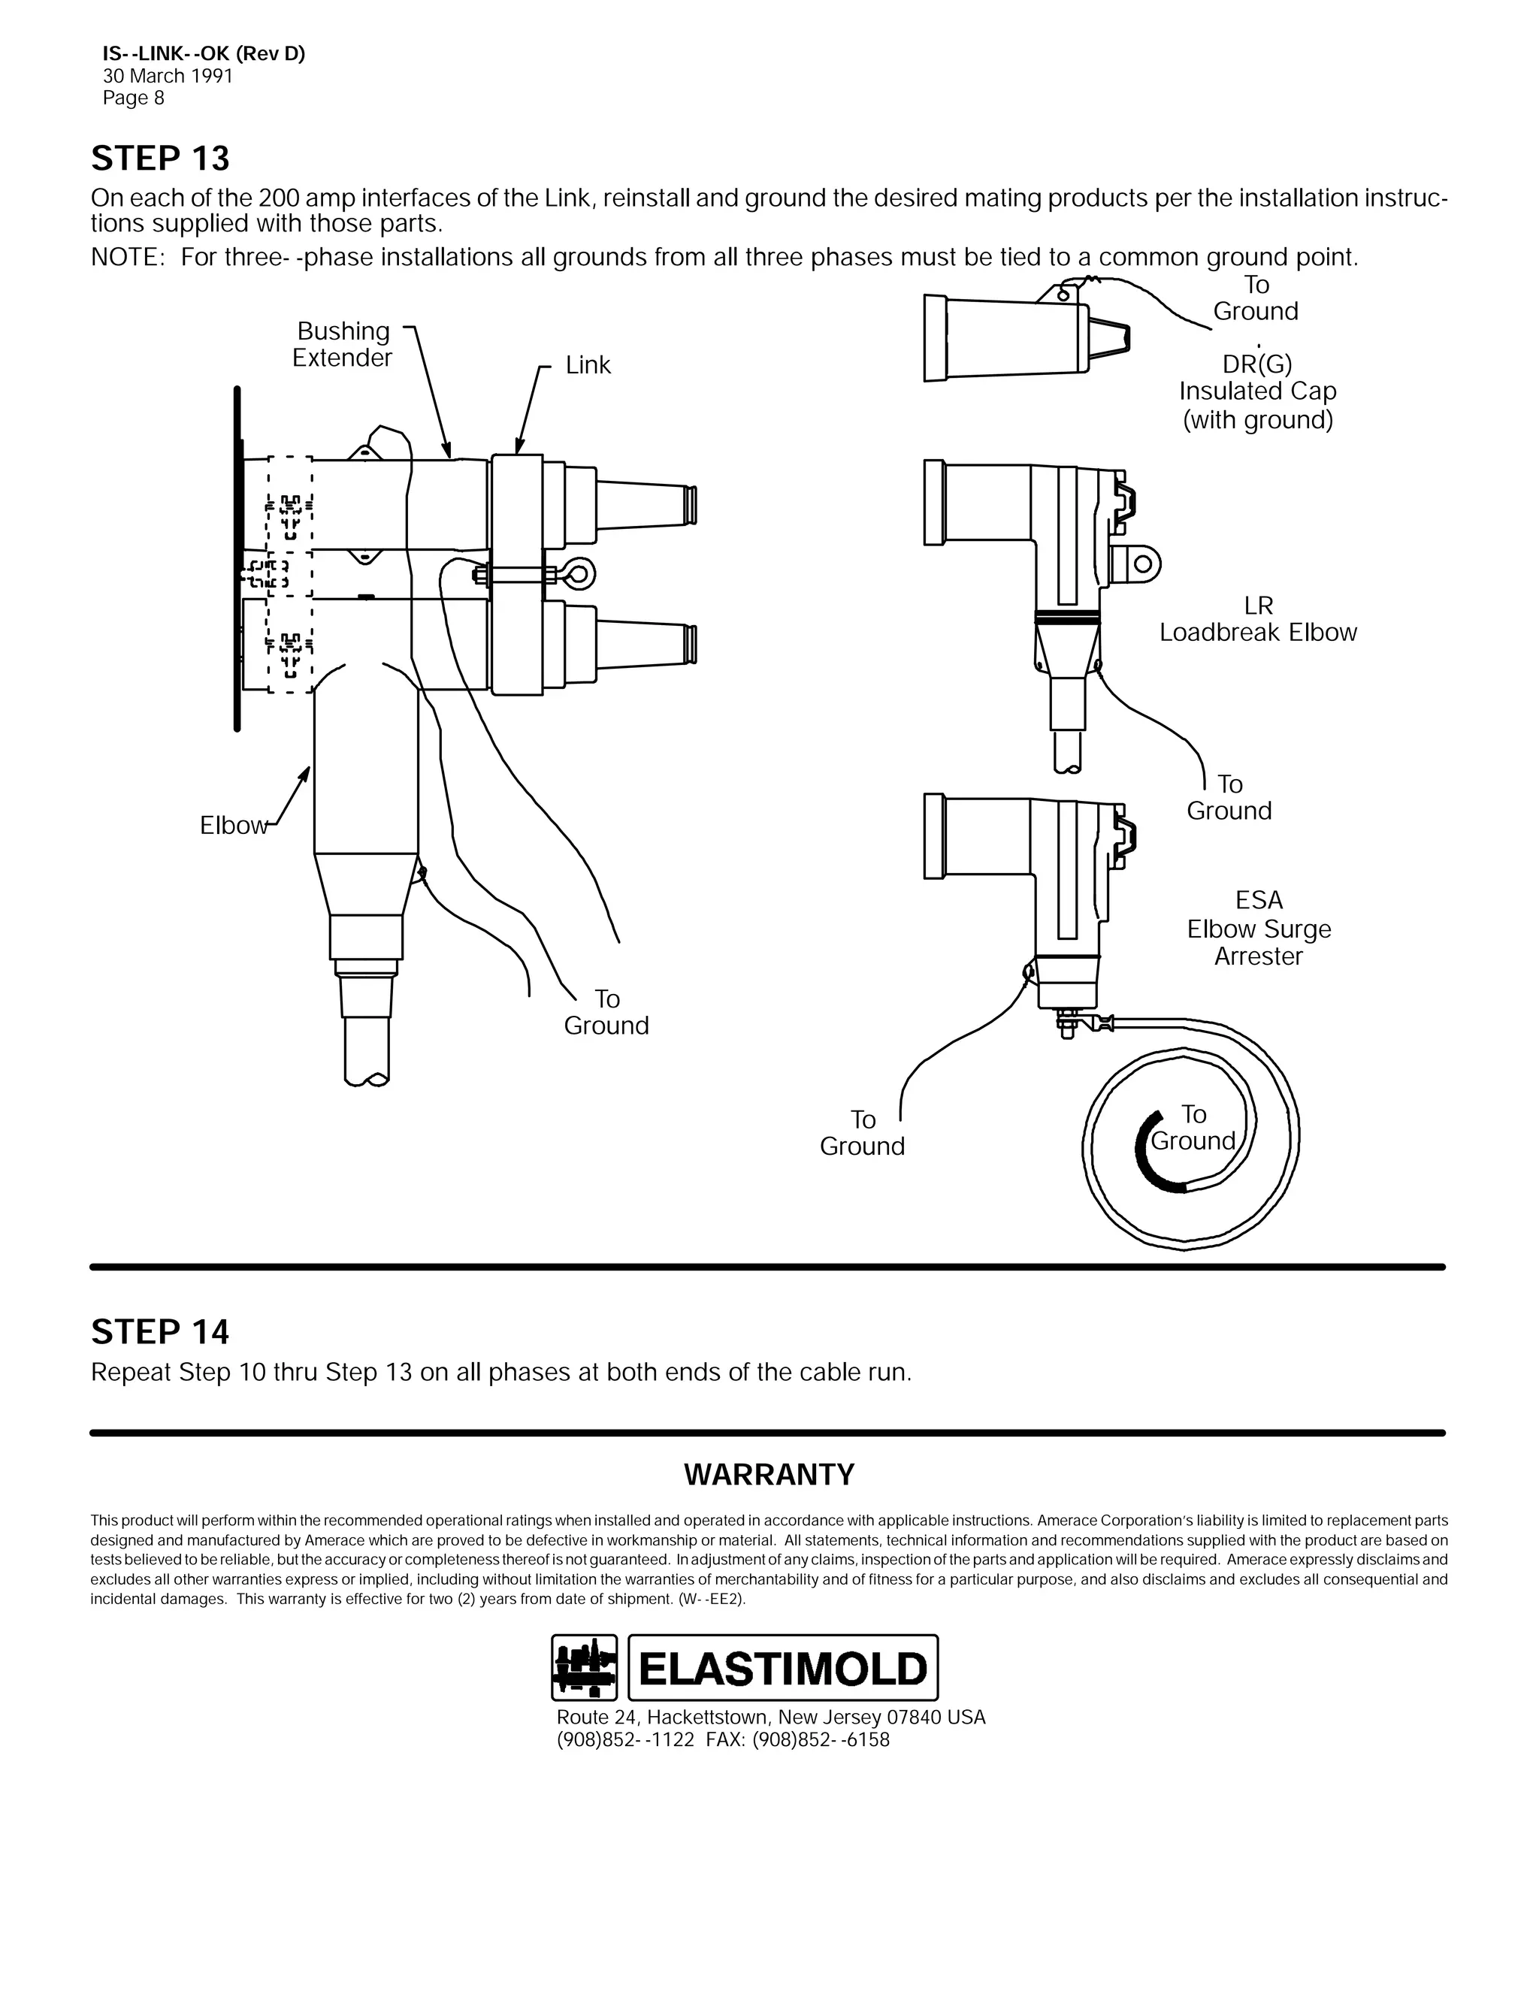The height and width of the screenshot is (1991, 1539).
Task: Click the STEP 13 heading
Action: click(x=161, y=159)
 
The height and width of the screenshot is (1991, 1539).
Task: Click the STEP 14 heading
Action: click(x=161, y=1332)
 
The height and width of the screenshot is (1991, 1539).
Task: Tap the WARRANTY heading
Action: click(x=769, y=1474)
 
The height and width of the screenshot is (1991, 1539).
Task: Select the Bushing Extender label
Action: click(x=342, y=345)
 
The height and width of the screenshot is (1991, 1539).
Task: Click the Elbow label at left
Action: click(x=232, y=826)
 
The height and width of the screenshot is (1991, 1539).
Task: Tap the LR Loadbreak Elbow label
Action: click(x=1257, y=619)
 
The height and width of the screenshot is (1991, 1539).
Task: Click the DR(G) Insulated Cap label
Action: click(x=1257, y=392)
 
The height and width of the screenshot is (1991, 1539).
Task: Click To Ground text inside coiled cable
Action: click(x=1193, y=1128)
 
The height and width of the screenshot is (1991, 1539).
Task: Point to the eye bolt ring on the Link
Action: click(x=581, y=573)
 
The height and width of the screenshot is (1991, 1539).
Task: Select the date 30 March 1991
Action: click(x=168, y=77)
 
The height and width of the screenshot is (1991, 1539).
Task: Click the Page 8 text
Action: click(x=133, y=98)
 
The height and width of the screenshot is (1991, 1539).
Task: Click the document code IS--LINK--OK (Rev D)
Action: click(x=204, y=54)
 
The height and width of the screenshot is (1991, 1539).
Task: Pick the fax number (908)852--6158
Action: click(x=821, y=1739)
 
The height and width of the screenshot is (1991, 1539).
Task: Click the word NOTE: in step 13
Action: click(x=127, y=258)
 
